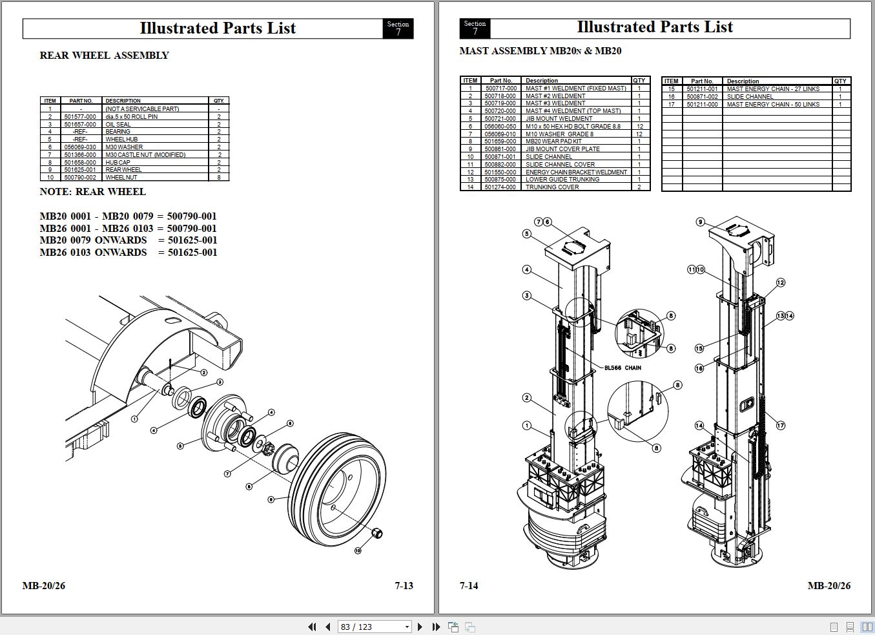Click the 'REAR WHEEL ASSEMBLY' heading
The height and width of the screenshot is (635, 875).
104,56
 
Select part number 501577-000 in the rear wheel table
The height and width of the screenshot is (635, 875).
80,117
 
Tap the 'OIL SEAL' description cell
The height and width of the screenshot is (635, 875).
118,125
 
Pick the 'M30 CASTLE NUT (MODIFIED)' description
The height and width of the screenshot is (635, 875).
145,155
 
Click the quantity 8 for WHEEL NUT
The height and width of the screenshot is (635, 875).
219,177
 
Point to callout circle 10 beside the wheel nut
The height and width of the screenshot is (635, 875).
358,550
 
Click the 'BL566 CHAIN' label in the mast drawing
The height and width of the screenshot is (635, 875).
623,368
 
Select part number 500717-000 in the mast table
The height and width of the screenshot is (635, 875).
501,88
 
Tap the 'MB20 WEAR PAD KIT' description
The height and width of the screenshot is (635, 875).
553,141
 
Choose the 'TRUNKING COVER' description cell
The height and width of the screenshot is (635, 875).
552,187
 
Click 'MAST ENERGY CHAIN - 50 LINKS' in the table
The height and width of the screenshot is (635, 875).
773,105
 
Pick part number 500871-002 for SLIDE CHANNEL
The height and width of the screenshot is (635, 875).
702,97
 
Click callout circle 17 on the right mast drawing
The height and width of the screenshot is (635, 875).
781,425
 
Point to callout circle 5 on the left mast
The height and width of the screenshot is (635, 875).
527,234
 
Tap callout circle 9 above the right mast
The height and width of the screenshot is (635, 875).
701,222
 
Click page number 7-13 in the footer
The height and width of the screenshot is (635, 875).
404,586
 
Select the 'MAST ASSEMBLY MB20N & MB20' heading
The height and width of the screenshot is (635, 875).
540,51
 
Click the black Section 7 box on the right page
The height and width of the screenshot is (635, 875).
475,28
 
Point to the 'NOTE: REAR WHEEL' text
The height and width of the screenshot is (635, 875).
92,192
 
